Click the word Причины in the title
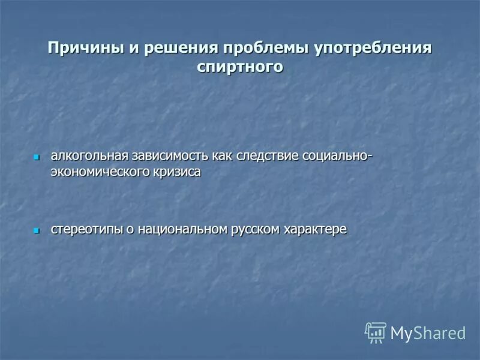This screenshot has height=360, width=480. pyautogui.click(x=84, y=47)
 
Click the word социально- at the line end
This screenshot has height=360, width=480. pyautogui.click(x=337, y=157)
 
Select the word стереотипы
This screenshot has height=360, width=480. pyautogui.click(x=86, y=229)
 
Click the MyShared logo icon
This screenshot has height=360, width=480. pyautogui.click(x=376, y=332)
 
